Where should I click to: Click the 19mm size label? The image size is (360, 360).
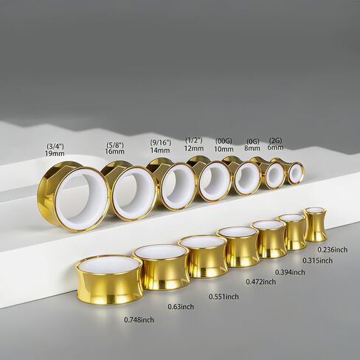click(55, 153)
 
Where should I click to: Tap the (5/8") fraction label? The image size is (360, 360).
click(114, 145)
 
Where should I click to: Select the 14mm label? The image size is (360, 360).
click(160, 150)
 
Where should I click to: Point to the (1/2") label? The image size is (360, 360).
click(194, 140)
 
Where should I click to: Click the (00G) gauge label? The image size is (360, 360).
click(224, 141)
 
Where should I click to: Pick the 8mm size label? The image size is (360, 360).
click(253, 148)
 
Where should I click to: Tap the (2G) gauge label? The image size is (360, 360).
click(275, 141)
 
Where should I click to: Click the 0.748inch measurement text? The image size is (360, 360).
click(139, 320)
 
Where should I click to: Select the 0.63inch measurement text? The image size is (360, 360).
click(181, 307)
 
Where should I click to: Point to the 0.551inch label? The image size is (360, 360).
click(224, 297)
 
